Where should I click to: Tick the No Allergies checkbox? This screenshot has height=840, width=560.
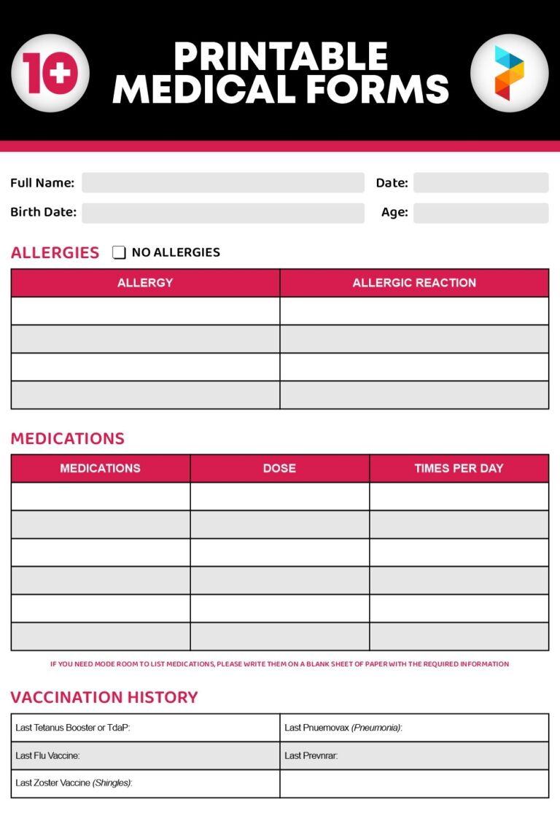(x=119, y=253)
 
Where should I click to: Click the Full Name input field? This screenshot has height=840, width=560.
(x=222, y=183)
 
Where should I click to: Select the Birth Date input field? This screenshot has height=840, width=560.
(x=222, y=213)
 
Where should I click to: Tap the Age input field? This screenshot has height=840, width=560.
(x=481, y=213)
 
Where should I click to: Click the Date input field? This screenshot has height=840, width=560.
(x=481, y=183)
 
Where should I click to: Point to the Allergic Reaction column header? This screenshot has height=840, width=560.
(x=414, y=283)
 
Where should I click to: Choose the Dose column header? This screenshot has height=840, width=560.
(x=279, y=468)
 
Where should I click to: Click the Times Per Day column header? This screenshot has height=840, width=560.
(x=459, y=468)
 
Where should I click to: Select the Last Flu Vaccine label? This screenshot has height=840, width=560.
(x=48, y=755)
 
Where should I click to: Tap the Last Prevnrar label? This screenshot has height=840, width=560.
(x=311, y=755)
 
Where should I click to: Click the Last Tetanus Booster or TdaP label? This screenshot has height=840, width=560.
(x=73, y=728)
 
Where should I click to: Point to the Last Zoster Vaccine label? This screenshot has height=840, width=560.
(x=74, y=783)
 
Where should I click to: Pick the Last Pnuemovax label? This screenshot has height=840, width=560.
(x=343, y=728)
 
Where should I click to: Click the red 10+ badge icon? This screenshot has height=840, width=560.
(x=50, y=73)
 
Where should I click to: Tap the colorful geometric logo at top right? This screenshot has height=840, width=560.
(x=509, y=73)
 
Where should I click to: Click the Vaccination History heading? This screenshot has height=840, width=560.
(x=104, y=697)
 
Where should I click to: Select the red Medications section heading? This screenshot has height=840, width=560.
(x=68, y=438)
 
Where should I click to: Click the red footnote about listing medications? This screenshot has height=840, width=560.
(x=279, y=664)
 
